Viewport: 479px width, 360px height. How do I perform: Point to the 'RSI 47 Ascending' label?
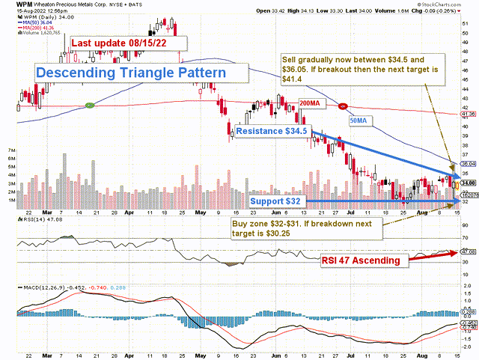click(x=364, y=261)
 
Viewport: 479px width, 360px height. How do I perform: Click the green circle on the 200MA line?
click(x=90, y=104)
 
